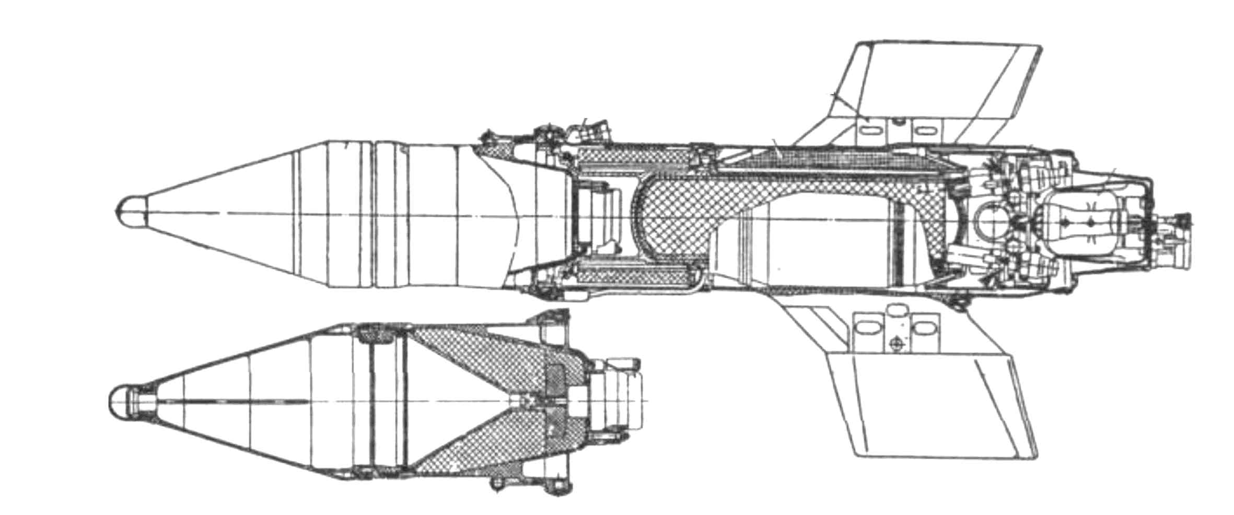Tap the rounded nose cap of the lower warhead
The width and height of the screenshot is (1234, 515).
click(121, 403)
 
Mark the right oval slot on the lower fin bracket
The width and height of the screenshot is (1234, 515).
click(923, 330)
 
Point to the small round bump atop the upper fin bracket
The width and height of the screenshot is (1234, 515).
click(898, 121)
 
